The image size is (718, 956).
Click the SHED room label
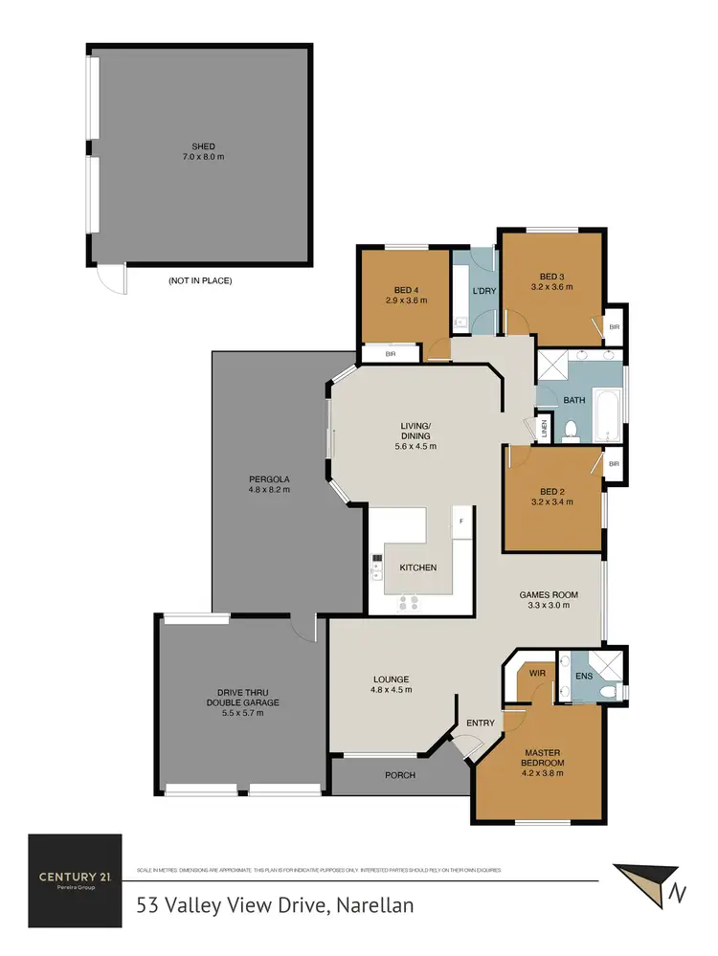pos(203,146)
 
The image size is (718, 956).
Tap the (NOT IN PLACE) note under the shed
pos(200,281)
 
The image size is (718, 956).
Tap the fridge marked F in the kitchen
pos(462,522)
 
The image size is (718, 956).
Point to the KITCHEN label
pos(417,567)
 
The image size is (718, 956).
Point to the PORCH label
pos(400,775)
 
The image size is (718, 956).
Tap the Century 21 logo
pos(75,878)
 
